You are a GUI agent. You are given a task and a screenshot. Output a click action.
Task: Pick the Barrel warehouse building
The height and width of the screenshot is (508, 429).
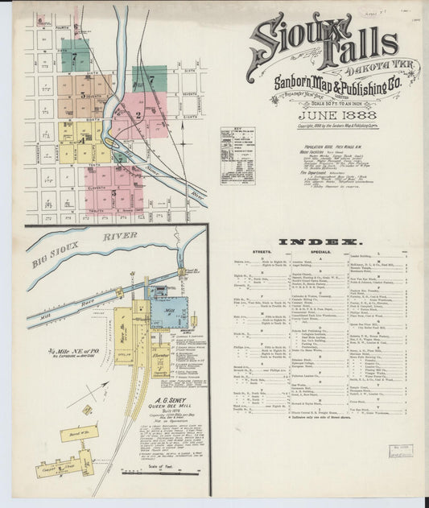[78, 433]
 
